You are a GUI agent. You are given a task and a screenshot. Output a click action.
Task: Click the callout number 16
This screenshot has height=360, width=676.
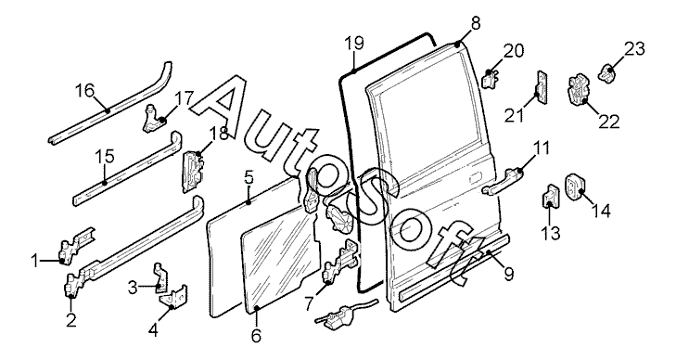click(84, 91)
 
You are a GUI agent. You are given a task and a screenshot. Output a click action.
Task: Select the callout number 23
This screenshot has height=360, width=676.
click(634, 49)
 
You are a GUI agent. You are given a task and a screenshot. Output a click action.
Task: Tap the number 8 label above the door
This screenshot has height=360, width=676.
click(475, 24)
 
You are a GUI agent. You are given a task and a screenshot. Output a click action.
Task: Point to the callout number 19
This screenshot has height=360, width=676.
click(354, 44)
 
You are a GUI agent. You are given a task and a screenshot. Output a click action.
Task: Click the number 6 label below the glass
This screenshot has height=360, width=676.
click(256, 336)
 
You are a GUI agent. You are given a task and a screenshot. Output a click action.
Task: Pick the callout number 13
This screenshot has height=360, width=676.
click(552, 233)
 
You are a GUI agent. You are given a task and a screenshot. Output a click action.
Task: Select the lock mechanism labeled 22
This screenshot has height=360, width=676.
click(578, 91)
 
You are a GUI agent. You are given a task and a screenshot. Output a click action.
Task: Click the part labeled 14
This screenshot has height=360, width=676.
click(574, 187)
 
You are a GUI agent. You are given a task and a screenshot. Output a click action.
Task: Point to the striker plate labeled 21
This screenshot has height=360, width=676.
click(542, 87)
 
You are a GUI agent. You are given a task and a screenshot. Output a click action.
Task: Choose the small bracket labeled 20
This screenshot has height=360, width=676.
click(490, 79)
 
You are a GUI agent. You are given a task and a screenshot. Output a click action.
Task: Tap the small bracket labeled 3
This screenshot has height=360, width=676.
click(160, 277)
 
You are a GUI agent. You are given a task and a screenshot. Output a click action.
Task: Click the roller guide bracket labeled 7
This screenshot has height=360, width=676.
click(341, 263)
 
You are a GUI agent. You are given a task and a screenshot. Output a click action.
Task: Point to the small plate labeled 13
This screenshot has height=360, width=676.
click(550, 198)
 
